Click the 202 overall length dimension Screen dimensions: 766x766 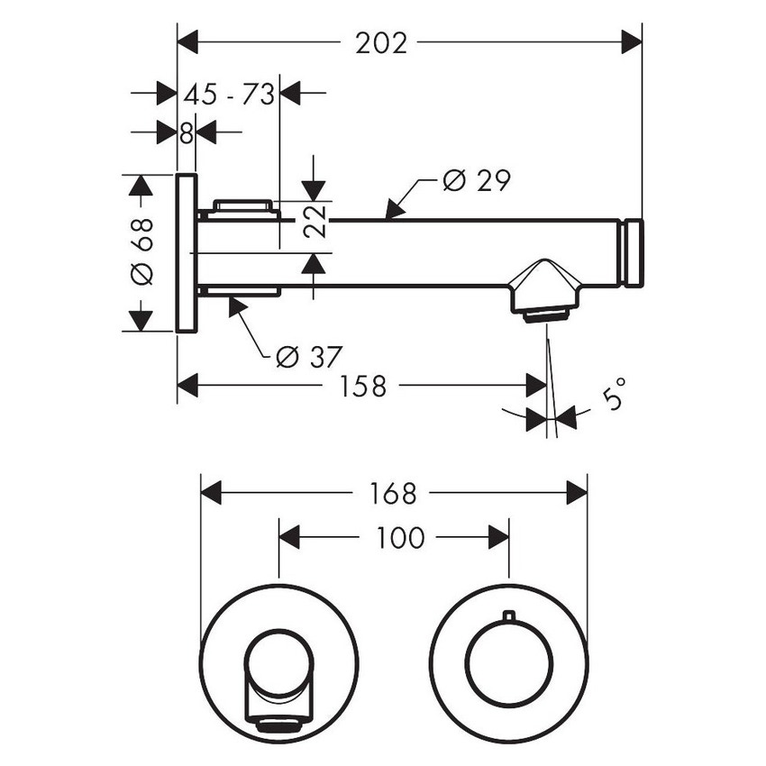(381, 42)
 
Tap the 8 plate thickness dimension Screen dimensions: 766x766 (187, 133)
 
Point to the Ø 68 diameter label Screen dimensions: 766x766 (142, 252)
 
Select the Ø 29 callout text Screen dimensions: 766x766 (476, 181)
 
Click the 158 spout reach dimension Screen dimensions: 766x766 (363, 387)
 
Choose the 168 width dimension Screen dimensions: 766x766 (393, 493)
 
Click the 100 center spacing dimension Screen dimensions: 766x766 (399, 538)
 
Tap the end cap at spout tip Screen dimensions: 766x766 (633, 252)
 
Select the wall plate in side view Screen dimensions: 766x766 (187, 253)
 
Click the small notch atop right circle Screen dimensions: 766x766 (509, 616)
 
